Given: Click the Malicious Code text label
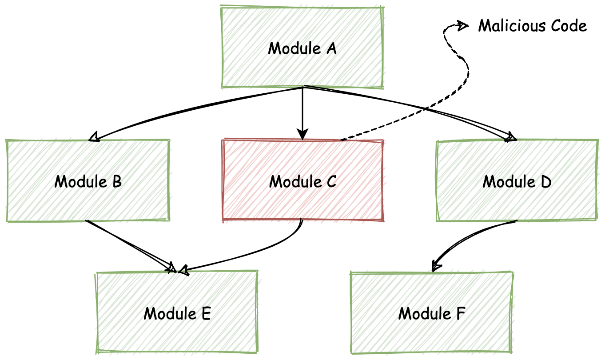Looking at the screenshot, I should [x=532, y=26].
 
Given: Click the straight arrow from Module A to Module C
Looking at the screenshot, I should [x=302, y=111].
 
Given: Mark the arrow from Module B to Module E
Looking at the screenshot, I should [x=129, y=244].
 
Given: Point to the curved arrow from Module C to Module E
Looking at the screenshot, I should [x=267, y=251].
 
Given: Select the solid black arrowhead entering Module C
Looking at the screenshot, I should [x=302, y=135].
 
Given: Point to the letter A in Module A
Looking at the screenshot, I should [x=331, y=48].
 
